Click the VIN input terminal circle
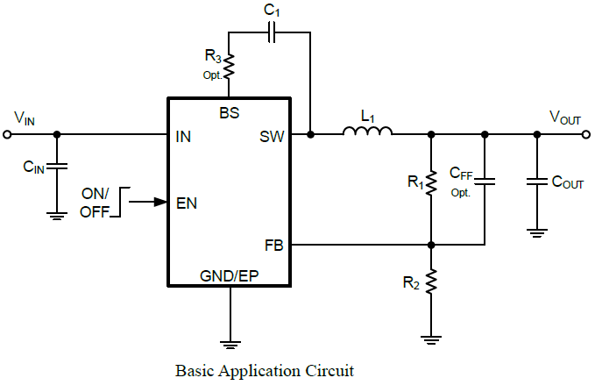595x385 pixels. tap(7, 134)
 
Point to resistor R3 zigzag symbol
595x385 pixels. tap(229, 65)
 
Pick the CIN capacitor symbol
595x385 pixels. tap(57, 166)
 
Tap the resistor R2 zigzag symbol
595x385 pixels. tap(430, 285)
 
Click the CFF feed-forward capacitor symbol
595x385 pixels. tap(484, 182)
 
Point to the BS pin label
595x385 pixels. tap(230, 113)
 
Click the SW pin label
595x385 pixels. tap(271, 136)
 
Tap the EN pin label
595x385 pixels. tap(186, 203)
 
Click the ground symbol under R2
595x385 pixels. tap(430, 336)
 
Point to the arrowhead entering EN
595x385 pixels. tap(161, 202)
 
